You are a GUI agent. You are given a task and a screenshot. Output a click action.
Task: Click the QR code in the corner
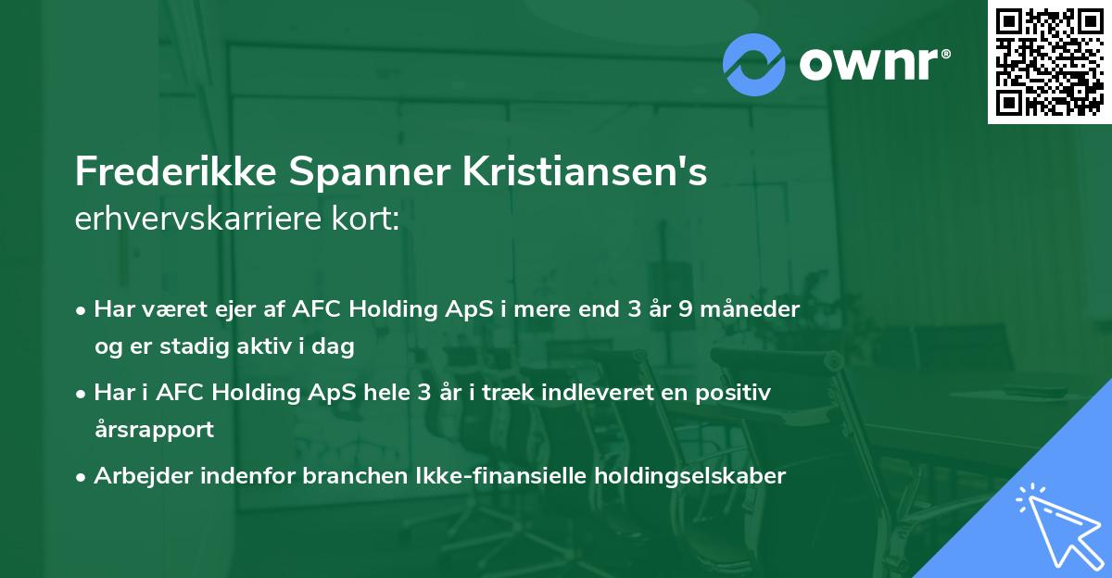pos(1048,62)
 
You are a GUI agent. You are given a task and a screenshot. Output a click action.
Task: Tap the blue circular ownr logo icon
pos(754,63)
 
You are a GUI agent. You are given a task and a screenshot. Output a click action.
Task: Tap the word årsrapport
pos(154,430)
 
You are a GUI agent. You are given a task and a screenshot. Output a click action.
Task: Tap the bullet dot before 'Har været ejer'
pos(82,310)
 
